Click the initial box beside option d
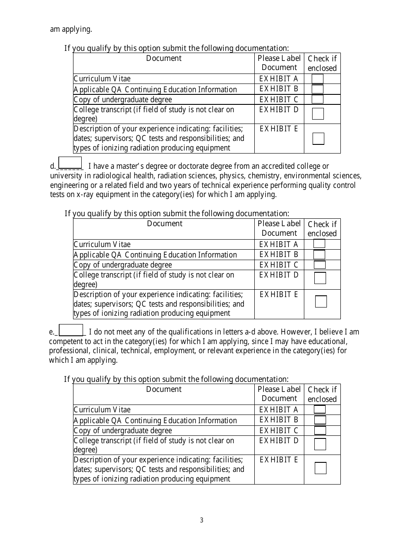click(x=70, y=163)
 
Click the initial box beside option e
click(x=71, y=330)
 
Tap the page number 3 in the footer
click(x=202, y=520)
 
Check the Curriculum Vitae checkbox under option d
click(x=319, y=244)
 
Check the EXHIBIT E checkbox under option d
click(x=321, y=301)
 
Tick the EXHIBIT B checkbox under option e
click(x=320, y=420)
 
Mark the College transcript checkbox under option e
click(x=320, y=444)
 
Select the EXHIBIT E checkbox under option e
click(x=320, y=468)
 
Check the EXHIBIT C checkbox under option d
click(x=320, y=264)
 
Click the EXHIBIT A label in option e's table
click(x=279, y=410)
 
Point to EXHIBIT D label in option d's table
click(x=279, y=275)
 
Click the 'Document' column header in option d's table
click(x=164, y=224)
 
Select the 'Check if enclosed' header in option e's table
click(x=322, y=394)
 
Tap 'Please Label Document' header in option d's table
click(x=279, y=228)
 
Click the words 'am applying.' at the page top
click(x=71, y=30)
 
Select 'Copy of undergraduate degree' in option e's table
click(x=123, y=431)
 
